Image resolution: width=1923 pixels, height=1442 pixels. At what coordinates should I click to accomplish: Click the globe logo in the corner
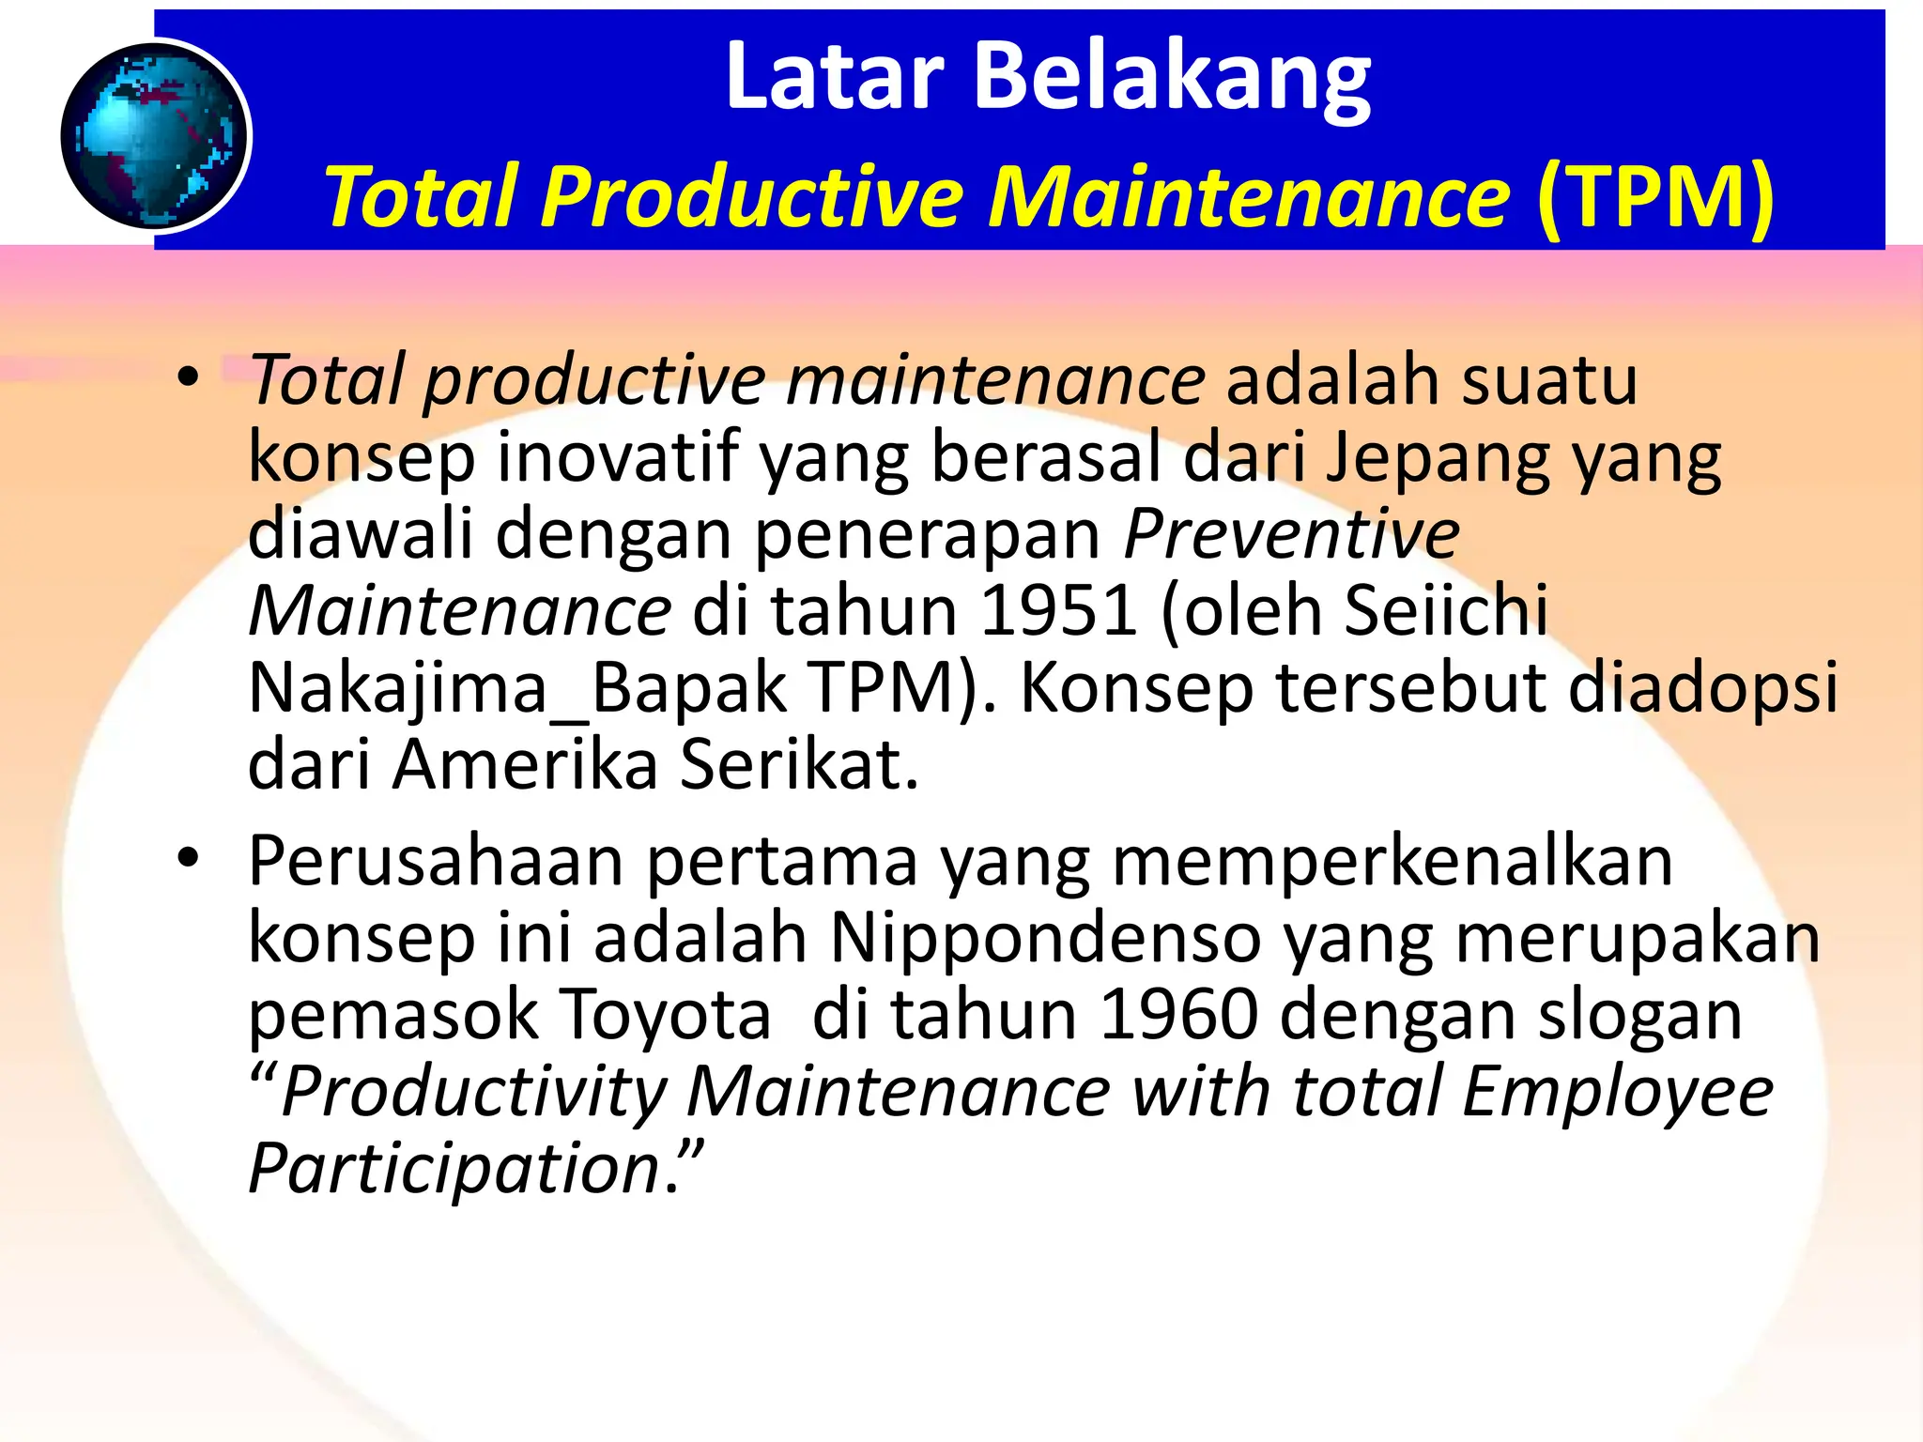tap(155, 136)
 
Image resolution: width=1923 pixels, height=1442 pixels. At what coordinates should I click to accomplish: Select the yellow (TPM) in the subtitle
tap(1654, 196)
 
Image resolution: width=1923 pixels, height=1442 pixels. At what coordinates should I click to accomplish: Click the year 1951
tap(1058, 611)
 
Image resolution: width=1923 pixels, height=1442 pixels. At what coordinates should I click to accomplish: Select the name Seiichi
tap(1445, 611)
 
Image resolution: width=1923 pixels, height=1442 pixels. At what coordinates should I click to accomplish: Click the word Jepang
tap(1438, 459)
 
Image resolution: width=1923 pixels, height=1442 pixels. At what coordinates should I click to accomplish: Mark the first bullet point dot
tap(189, 379)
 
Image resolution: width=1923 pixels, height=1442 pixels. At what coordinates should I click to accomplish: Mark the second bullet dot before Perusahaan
tap(189, 858)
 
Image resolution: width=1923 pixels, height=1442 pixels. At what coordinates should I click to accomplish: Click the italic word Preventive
tap(1291, 534)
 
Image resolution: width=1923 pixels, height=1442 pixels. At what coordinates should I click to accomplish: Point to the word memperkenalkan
tap(1392, 861)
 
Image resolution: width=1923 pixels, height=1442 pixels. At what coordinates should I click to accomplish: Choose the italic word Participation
tap(455, 1169)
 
